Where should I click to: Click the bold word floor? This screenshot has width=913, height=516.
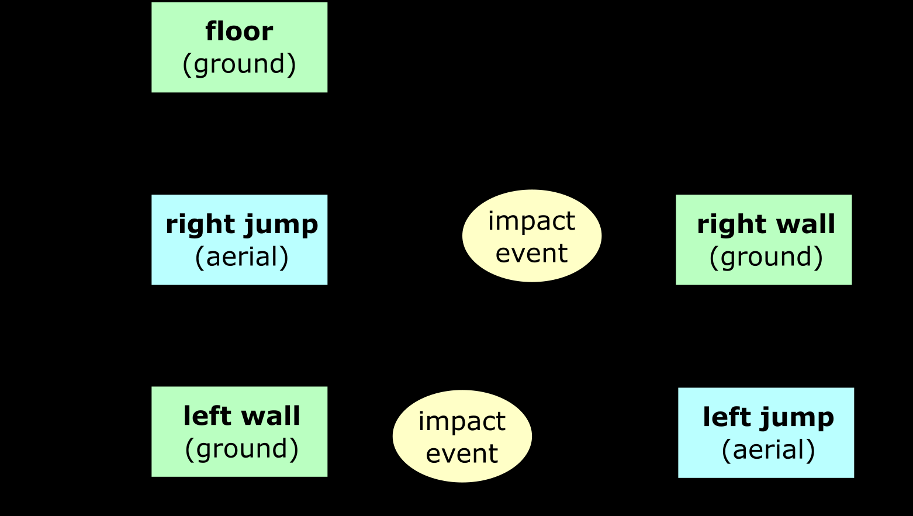pos(239,32)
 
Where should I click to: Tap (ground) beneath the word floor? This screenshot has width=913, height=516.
pos(239,64)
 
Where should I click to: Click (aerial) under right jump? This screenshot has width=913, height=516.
pos(241,257)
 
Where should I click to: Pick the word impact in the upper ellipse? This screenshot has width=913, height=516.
pos(531,221)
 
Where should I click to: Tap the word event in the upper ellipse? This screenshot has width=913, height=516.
pos(531,254)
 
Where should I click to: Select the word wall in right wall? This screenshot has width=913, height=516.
pos(810,224)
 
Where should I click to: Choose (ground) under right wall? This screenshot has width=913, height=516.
pos(766,257)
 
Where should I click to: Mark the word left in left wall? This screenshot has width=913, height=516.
pos(201,416)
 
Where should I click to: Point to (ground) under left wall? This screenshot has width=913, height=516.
pos(241,449)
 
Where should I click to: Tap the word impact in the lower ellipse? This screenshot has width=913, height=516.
pos(462,422)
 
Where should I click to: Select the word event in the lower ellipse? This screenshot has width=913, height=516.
pos(462,454)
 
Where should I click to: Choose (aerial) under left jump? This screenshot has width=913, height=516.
pos(768,450)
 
